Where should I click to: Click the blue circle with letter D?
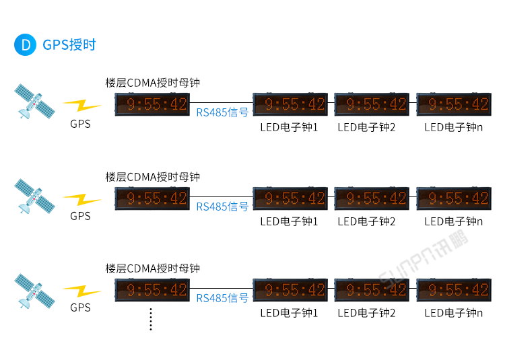26,45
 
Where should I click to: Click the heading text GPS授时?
69,45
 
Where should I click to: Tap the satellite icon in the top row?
34,102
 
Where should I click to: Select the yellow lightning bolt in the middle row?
81,199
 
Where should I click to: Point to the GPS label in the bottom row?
80,308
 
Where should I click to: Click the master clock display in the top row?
151,104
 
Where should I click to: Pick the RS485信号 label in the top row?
222,112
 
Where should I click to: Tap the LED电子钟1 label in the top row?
289,127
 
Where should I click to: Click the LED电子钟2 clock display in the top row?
372,104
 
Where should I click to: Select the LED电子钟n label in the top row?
454,127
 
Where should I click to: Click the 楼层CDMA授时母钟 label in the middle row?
153,177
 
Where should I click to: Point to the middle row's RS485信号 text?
222,207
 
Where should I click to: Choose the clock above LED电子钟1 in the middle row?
290,199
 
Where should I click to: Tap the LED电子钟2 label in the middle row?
366,221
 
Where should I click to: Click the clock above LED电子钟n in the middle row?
453,199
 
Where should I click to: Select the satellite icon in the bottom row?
34,290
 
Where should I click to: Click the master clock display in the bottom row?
151,290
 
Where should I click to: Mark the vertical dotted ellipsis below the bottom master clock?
151,320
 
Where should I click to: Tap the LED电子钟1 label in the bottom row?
289,313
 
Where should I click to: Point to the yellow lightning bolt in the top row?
81,106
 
